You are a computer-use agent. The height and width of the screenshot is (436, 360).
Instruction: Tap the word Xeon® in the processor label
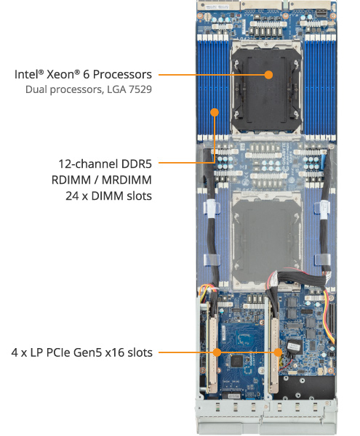(68, 75)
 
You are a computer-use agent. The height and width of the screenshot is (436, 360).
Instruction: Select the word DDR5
(134, 163)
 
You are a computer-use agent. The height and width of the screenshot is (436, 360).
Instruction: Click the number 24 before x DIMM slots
(73, 195)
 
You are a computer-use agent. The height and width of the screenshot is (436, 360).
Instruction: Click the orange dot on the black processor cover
(269, 74)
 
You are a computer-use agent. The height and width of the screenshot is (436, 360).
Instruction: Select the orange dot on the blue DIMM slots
(215, 113)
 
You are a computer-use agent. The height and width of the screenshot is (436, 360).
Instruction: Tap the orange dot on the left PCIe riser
(217, 353)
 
